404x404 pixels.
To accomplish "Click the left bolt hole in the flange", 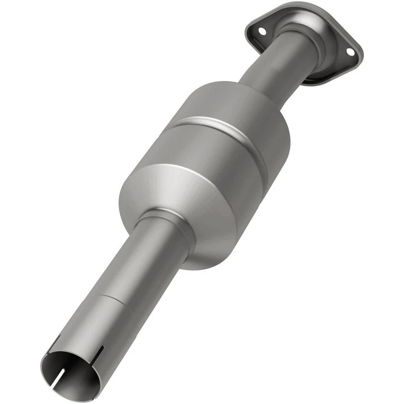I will point(262,31).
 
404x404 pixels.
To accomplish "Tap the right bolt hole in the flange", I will point(350,51).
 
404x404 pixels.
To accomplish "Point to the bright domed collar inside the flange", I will point(307,29).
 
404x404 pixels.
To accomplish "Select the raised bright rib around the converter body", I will point(223,126).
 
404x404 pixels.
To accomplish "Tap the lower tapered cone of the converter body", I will point(189,198).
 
